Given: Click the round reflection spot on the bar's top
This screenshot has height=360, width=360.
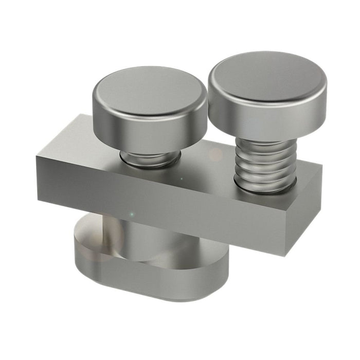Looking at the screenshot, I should pos(215,154).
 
